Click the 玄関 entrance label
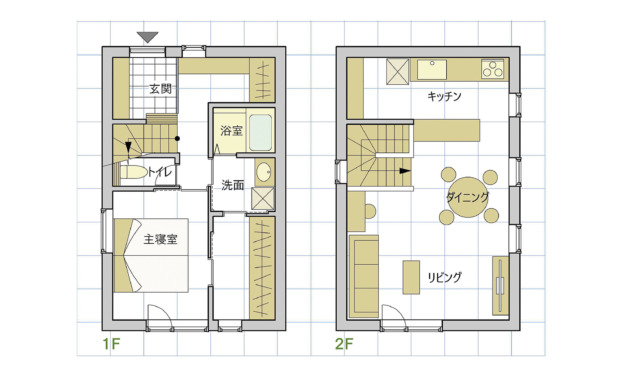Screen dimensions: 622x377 [x=161, y=89]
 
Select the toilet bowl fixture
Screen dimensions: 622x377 [x=134, y=172]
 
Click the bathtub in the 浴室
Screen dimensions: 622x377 [x=260, y=133]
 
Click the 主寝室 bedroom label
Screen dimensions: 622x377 [x=161, y=239]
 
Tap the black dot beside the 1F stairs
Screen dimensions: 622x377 [x=177, y=138]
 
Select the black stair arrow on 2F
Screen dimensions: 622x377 [x=405, y=171]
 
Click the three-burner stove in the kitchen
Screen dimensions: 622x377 [x=493, y=69]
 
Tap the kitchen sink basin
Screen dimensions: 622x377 [x=432, y=70]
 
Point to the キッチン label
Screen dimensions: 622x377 [x=444, y=96]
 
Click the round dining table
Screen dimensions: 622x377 [x=468, y=197]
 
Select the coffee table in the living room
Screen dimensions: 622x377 [x=411, y=277]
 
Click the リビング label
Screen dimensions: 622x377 [x=445, y=277]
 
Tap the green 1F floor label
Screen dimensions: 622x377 [x=111, y=344]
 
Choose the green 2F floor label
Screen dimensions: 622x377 [x=344, y=344]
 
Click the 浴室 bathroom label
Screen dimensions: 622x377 [x=232, y=131]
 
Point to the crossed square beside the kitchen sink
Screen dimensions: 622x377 [x=398, y=72]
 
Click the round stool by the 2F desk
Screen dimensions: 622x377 [x=370, y=211]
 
